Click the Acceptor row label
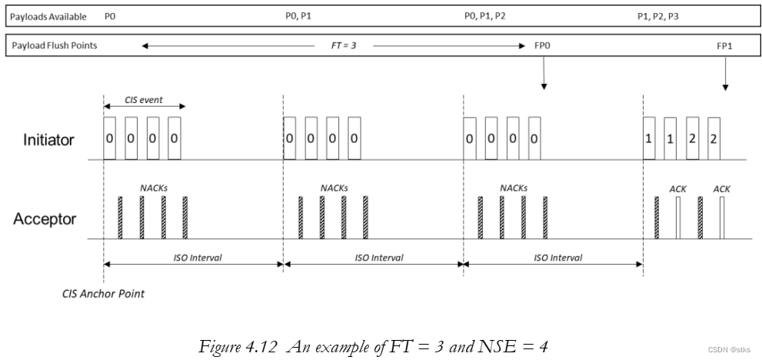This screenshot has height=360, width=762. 45,219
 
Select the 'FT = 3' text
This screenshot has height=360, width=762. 338,46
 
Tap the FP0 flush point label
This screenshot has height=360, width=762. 543,46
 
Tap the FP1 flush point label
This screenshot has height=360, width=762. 724,46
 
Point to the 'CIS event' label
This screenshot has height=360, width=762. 144,100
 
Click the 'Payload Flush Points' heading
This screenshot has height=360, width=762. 54,46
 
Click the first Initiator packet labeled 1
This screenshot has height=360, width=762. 649,138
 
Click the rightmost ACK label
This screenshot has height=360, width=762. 721,188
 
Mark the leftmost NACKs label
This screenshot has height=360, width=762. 152,187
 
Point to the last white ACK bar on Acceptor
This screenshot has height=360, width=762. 721,218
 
